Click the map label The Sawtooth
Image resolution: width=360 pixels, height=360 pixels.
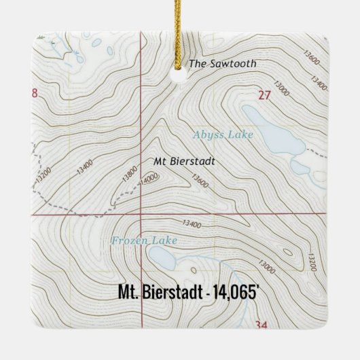pos(222,64)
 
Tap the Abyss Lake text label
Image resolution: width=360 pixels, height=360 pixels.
pos(222,135)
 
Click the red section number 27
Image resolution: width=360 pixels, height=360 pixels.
pos(264,96)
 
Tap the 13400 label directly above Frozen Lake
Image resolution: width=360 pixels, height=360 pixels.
pos(192,223)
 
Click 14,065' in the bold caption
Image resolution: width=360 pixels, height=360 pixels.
pos(234,293)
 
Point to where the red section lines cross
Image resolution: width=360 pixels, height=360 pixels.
pos(141,214)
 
